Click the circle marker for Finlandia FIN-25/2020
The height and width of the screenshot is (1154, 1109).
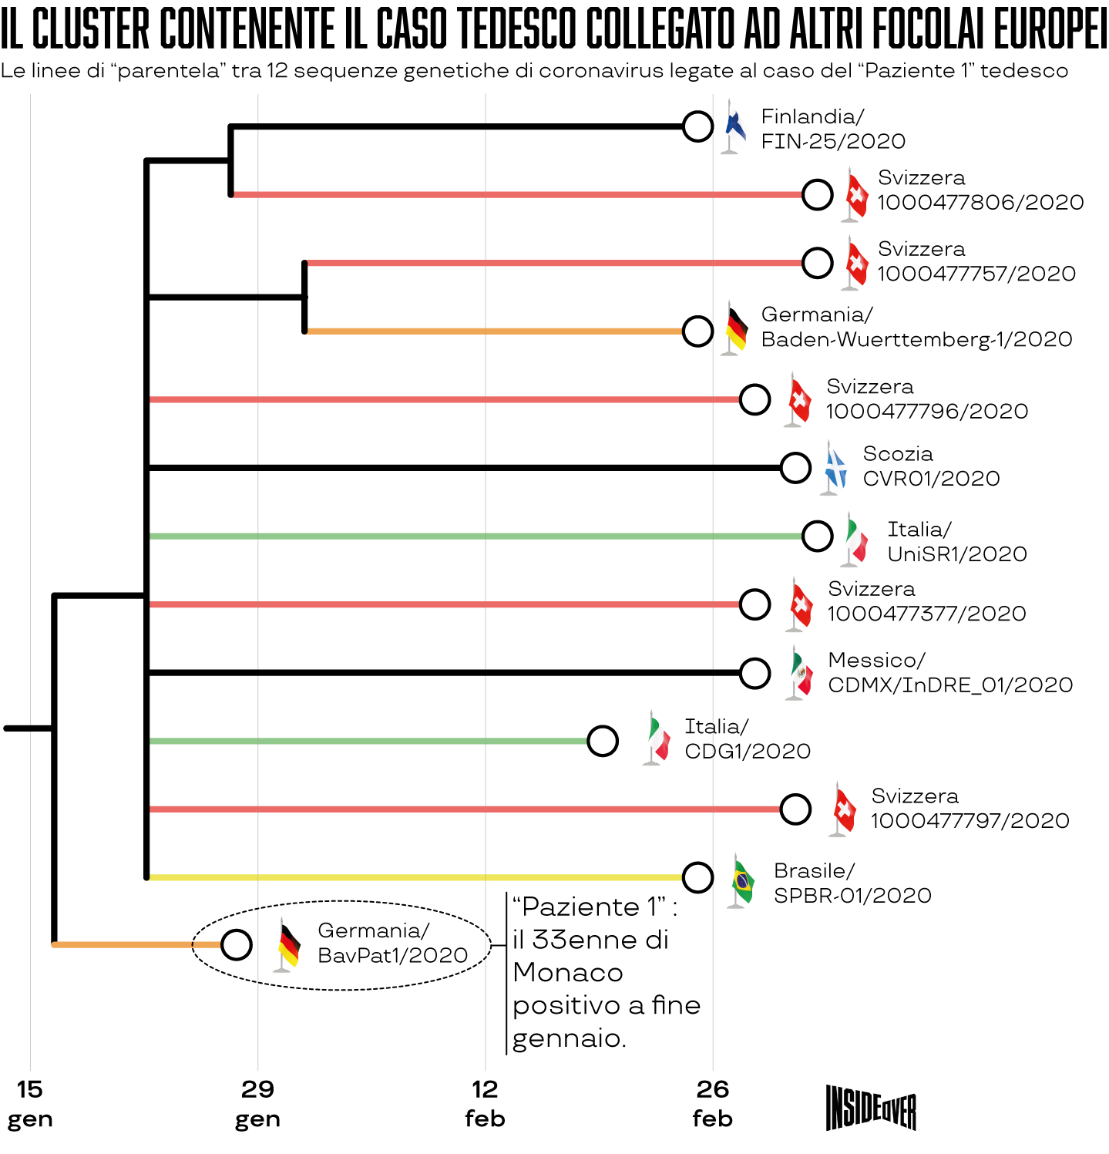[697, 126]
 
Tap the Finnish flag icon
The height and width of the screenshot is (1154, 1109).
[734, 126]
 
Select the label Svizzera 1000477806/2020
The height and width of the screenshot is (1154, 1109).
[980, 190]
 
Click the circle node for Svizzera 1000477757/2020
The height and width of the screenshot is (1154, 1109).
[817, 263]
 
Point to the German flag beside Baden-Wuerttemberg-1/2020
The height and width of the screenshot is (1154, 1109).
[736, 328]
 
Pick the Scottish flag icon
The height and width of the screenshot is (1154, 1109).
[835, 467]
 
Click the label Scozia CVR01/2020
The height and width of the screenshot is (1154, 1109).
[930, 466]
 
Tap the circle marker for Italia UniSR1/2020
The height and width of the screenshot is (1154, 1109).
[817, 536]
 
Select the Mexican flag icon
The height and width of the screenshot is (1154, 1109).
[801, 673]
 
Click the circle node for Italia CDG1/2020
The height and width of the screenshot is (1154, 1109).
[602, 741]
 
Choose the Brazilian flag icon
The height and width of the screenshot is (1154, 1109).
[742, 882]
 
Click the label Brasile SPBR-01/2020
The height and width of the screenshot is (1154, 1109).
[852, 883]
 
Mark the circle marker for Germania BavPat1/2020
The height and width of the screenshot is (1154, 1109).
[236, 944]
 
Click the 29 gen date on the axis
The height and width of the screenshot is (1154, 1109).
[257, 1104]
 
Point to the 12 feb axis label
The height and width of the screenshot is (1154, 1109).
[485, 1104]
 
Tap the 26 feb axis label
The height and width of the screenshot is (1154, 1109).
[712, 1104]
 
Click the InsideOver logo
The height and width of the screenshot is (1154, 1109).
[871, 1108]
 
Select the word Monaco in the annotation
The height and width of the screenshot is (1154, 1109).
[567, 973]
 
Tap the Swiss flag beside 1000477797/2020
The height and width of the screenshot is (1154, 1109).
[844, 809]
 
